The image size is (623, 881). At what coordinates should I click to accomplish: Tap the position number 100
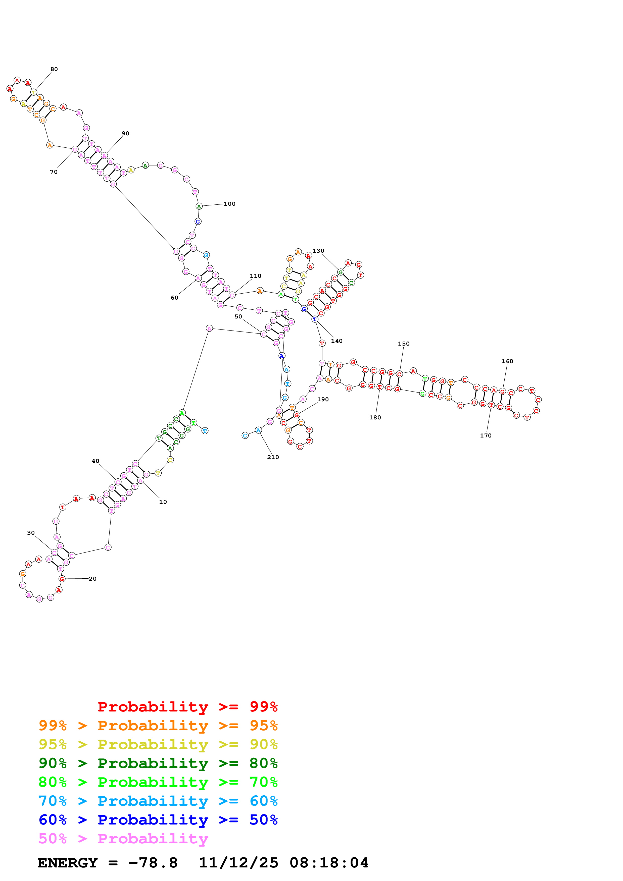(229, 204)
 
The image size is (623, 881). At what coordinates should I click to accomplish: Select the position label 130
(318, 251)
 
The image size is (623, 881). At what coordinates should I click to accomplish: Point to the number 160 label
(507, 361)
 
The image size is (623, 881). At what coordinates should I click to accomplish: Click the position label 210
(273, 457)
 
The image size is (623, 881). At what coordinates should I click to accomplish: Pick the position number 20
(92, 579)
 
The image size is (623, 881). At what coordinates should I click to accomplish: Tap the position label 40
(95, 461)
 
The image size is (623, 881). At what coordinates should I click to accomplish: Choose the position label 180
(375, 417)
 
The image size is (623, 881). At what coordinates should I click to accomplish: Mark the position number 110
(256, 276)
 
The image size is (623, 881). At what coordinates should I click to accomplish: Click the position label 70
(54, 172)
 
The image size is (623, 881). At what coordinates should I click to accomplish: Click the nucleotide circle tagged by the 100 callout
(199, 206)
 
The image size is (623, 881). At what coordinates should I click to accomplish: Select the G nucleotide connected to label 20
(62, 579)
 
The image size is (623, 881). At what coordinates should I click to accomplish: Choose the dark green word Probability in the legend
(153, 763)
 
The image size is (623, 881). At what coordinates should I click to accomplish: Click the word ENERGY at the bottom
(68, 863)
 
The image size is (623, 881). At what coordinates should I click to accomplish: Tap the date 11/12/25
(238, 863)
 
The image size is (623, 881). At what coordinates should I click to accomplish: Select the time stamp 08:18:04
(329, 863)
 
